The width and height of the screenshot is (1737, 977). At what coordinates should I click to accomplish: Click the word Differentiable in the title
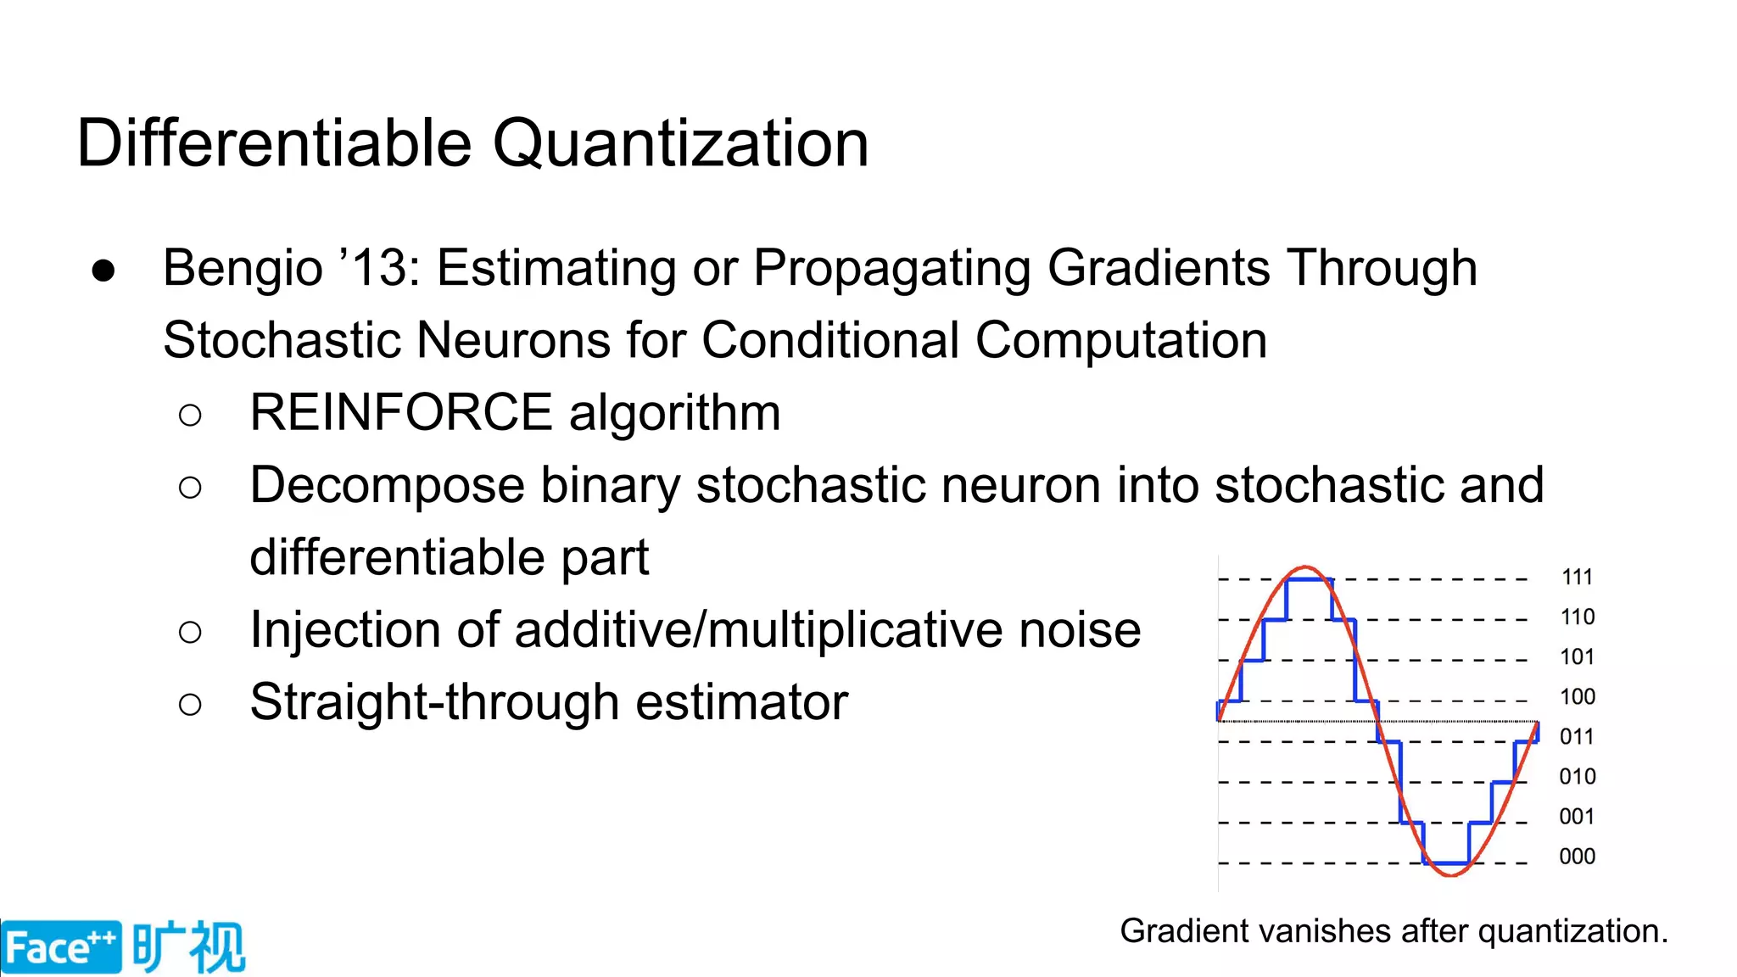273,142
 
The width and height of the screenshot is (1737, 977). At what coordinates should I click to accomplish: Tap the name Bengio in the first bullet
243,268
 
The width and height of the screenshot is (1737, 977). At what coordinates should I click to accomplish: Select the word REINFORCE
401,413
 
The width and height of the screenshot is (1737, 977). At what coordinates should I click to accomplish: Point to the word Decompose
388,486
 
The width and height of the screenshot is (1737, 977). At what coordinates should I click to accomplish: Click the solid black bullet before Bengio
103,271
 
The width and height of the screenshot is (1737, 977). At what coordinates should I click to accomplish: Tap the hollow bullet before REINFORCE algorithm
191,415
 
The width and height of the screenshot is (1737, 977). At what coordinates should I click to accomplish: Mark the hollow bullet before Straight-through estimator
191,704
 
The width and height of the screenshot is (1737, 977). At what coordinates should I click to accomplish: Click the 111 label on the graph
1577,578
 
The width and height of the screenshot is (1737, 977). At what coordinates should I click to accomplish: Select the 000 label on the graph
1577,857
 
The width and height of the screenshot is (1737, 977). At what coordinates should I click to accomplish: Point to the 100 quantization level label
1577,697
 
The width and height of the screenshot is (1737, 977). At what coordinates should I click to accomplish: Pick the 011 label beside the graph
1577,737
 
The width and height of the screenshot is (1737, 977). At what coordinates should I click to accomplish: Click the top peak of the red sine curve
1306,567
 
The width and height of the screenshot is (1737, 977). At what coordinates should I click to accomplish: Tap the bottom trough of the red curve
1450,874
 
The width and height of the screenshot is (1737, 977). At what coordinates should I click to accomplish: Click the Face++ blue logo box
60,947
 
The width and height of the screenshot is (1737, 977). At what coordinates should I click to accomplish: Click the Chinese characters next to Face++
188,946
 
